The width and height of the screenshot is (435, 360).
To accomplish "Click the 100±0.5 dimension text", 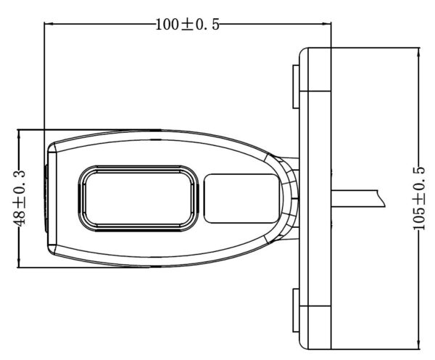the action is coord(187,25).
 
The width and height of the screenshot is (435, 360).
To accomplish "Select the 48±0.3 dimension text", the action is coord(20,198).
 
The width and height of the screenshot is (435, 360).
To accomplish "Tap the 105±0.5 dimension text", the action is coord(419,198).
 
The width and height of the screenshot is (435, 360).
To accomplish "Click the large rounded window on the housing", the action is coord(138,199).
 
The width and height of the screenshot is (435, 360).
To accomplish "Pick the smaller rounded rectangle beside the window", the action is coord(241,199).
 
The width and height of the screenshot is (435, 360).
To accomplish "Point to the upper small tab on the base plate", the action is coord(296,86).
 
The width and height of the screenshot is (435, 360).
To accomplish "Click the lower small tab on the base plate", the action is coord(296,311).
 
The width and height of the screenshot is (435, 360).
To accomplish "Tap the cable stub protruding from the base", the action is coord(358,198).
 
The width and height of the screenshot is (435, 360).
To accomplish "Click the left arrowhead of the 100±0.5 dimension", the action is coord(49,24).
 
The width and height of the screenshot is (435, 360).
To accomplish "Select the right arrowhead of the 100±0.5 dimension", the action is coord(327,24).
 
